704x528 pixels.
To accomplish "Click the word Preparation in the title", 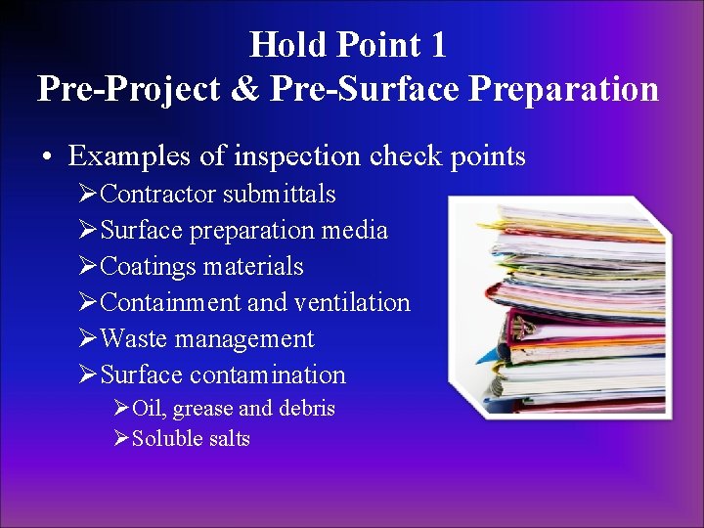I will coord(564,89).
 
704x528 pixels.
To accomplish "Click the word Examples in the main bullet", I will coord(124,155).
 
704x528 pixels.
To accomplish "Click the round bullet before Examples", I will coord(47,156).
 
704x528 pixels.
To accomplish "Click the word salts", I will coord(229,439).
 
